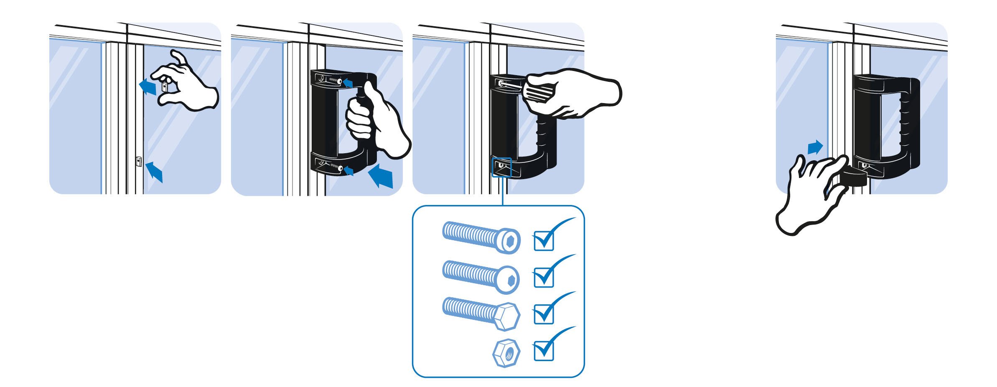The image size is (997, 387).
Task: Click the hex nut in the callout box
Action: coord(506,353)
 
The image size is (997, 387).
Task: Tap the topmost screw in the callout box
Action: coord(481,237)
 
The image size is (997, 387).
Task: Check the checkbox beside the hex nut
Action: coord(544,351)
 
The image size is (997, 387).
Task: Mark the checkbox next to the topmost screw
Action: coord(544,241)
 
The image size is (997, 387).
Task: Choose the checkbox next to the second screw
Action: coord(544,277)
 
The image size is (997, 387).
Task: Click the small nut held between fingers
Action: coord(165,87)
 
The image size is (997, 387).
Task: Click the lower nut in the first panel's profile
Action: coord(138,161)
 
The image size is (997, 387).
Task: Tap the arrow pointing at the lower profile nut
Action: coord(155,172)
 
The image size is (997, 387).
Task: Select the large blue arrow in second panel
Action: coord(382,176)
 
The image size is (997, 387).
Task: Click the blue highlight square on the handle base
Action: coord(501,167)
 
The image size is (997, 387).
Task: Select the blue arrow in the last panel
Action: coord(815,147)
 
